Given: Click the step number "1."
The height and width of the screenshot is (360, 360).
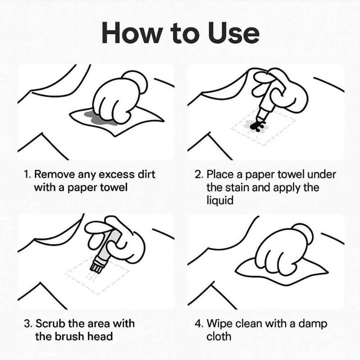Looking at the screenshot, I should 28,175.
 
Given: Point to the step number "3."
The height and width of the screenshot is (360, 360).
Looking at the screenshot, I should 28,323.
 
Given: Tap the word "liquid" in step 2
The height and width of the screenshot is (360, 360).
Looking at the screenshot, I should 220,201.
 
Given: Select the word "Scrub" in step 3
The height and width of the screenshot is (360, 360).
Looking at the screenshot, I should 50,323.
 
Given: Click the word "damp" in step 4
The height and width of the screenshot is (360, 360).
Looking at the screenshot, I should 313,323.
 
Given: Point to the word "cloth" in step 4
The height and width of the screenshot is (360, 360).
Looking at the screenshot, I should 219,336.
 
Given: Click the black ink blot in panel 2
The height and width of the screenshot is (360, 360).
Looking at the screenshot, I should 257,125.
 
